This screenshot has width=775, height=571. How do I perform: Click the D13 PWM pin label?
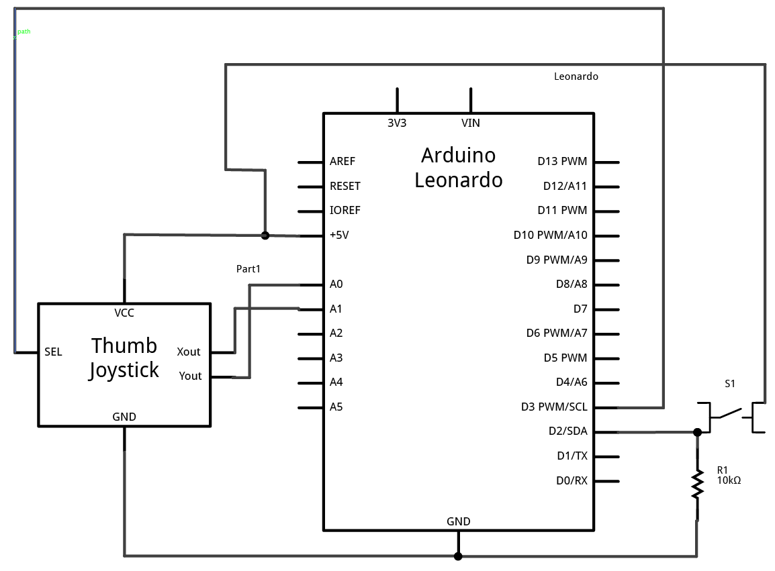562,161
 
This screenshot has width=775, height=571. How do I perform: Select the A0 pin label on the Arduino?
336,284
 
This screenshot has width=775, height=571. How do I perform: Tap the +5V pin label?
339,235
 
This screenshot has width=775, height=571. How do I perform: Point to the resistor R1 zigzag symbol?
698,484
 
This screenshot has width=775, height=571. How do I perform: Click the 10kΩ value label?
729,480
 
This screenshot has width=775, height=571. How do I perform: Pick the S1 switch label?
730,384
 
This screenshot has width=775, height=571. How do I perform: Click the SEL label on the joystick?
53,352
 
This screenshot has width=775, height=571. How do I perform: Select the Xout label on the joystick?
189,352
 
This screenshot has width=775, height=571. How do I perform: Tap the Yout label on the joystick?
190,376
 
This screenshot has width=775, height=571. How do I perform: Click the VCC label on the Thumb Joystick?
124,313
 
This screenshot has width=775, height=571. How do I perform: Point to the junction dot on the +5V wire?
265,236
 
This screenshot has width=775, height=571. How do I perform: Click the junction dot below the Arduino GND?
458,556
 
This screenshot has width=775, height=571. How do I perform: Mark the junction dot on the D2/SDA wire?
697,432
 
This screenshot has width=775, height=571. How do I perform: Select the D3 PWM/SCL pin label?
554,407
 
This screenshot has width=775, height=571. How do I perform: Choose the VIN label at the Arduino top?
471,123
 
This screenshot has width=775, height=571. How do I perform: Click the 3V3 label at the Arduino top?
397,123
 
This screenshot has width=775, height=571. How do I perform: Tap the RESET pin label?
345,186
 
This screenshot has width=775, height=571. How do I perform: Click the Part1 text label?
248,268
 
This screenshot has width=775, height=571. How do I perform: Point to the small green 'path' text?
24,32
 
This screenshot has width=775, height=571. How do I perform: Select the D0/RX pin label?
572,480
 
